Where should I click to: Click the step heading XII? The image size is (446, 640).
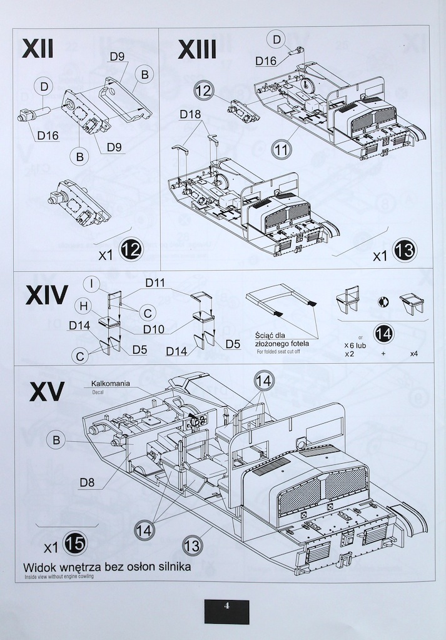(x=38, y=49)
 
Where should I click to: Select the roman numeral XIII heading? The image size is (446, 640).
(x=197, y=49)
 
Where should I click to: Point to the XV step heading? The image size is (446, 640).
(x=46, y=392)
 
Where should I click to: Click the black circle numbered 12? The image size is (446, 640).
(x=131, y=251)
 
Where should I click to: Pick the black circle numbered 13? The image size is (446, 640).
(x=404, y=251)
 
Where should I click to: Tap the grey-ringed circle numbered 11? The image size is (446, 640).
(x=283, y=149)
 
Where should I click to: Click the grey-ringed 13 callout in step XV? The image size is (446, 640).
(x=193, y=545)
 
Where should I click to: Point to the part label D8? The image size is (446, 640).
(x=88, y=481)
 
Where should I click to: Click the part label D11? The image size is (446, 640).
(x=155, y=283)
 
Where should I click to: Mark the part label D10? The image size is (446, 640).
(x=154, y=329)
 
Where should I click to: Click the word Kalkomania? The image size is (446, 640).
(x=111, y=383)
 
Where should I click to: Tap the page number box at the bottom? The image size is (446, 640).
(x=226, y=611)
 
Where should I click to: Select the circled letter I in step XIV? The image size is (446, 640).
(x=91, y=284)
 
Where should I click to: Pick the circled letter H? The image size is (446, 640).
(x=81, y=304)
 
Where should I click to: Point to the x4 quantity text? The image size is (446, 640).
(x=414, y=354)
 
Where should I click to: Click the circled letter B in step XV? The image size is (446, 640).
(x=56, y=440)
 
